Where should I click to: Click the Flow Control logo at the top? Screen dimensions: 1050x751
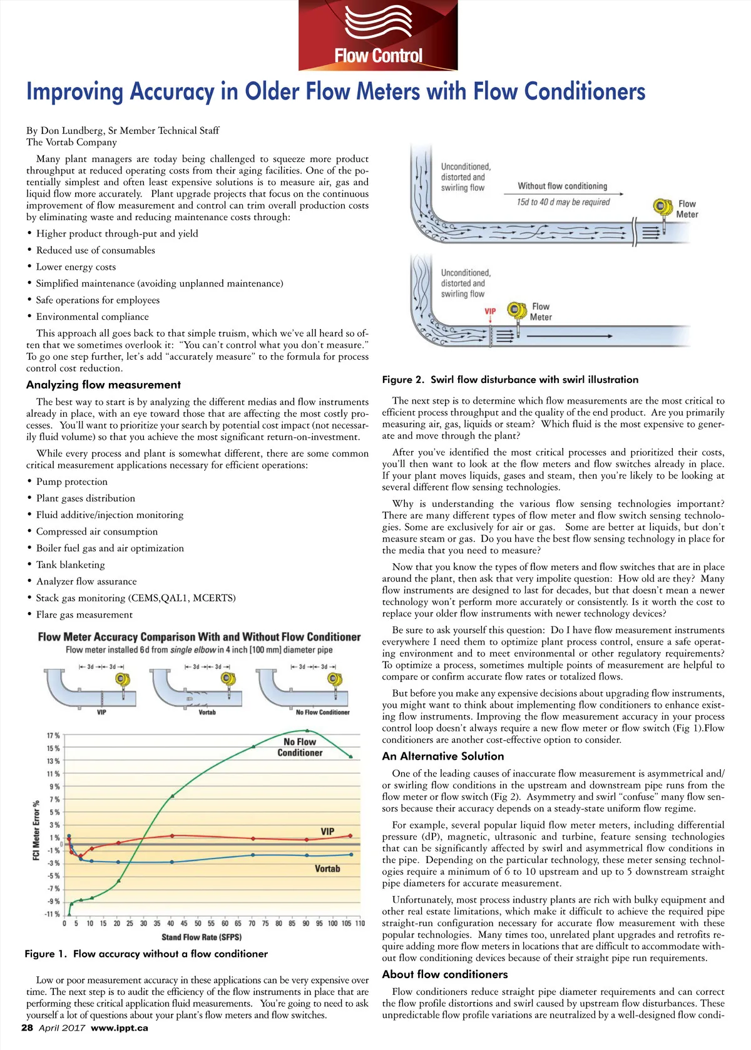378,36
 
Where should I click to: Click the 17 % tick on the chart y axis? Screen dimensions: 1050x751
54,735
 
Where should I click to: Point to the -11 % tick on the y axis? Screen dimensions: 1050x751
53,914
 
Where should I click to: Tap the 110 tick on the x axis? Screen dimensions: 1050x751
360,923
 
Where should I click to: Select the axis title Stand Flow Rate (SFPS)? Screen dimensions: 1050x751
202,937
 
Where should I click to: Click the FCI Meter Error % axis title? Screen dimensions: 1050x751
36,830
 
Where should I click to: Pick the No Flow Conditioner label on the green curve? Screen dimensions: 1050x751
300,747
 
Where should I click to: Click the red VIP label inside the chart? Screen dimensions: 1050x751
327,831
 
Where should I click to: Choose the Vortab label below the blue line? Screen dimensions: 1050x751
327,869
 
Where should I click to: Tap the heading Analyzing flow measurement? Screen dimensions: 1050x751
103,385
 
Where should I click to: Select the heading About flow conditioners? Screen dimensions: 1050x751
445,974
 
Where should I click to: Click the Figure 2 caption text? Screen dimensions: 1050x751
510,380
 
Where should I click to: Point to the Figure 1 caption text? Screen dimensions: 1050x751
146,954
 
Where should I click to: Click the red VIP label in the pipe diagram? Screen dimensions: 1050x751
490,311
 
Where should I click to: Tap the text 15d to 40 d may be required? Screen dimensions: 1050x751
563,202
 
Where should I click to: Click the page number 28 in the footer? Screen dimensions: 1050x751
27,1027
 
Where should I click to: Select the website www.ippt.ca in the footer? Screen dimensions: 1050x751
120,1027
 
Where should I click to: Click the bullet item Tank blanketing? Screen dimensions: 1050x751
70,564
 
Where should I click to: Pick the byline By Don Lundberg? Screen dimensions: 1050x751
123,130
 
